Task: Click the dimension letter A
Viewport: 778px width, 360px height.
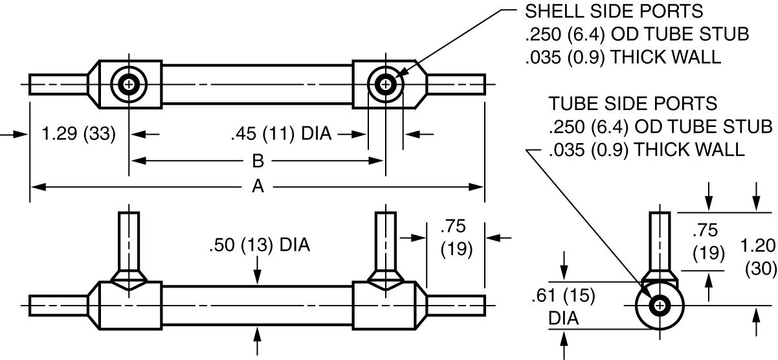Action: coord(258,186)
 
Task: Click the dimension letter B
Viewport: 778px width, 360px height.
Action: coord(258,161)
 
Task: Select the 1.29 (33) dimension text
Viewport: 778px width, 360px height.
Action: coord(78,134)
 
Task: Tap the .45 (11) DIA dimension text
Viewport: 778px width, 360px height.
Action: coord(281,134)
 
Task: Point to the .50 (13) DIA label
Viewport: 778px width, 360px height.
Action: coord(260,245)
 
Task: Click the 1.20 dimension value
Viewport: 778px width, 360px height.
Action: coord(758,245)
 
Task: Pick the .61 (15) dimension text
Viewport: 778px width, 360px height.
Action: coord(563,296)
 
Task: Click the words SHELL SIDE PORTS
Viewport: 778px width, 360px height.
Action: coord(614,12)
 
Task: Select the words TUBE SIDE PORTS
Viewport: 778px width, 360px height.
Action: coord(633,104)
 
